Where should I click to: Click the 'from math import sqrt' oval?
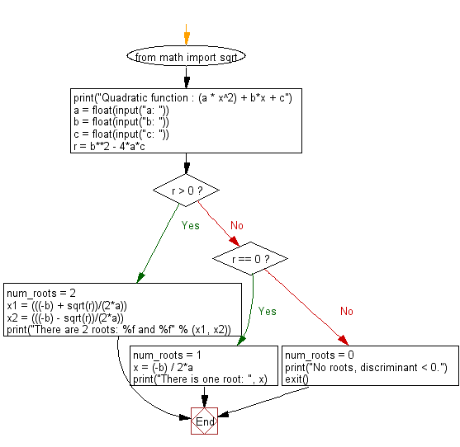pyautogui.click(x=186, y=58)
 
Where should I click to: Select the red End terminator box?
pyautogui.click(x=205, y=421)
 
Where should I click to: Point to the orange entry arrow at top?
pyautogui.click(x=187, y=37)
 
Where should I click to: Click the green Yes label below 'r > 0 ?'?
pyautogui.click(x=190, y=225)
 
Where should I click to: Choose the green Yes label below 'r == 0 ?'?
pyautogui.click(x=267, y=312)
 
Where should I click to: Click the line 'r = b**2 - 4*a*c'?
pyautogui.click(x=121, y=146)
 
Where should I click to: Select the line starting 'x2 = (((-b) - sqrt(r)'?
pyautogui.click(x=66, y=318)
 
